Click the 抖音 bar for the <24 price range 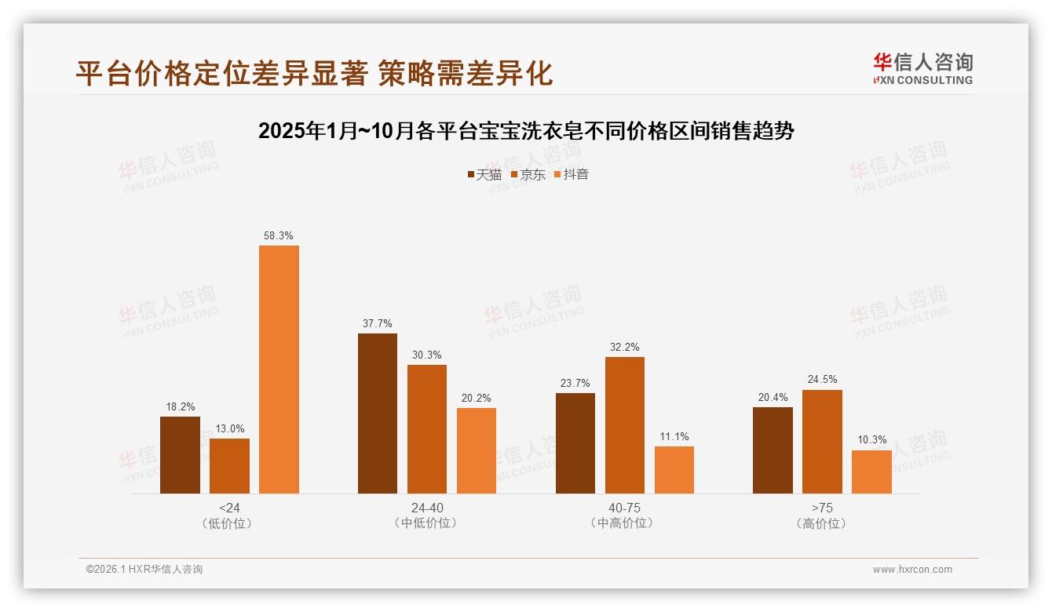pos(279,369)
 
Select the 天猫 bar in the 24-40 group pos(378,413)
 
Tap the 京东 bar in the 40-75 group pos(624,425)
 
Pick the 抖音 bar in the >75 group pos(871,472)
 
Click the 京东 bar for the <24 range pos(229,466)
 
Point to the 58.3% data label pos(279,235)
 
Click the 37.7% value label pos(378,323)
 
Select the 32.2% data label pos(624,347)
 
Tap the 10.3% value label pos(871,440)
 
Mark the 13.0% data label pos(229,428)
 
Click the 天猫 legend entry pos(484,174)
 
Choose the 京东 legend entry pos(528,174)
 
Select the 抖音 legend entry pos(571,174)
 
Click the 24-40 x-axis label pos(426,508)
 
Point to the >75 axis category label pos(822,508)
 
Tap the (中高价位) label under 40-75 pos(624,523)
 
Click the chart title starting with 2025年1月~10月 pos(526,131)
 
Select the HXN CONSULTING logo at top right pos(922,68)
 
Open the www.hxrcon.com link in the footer pos(912,570)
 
